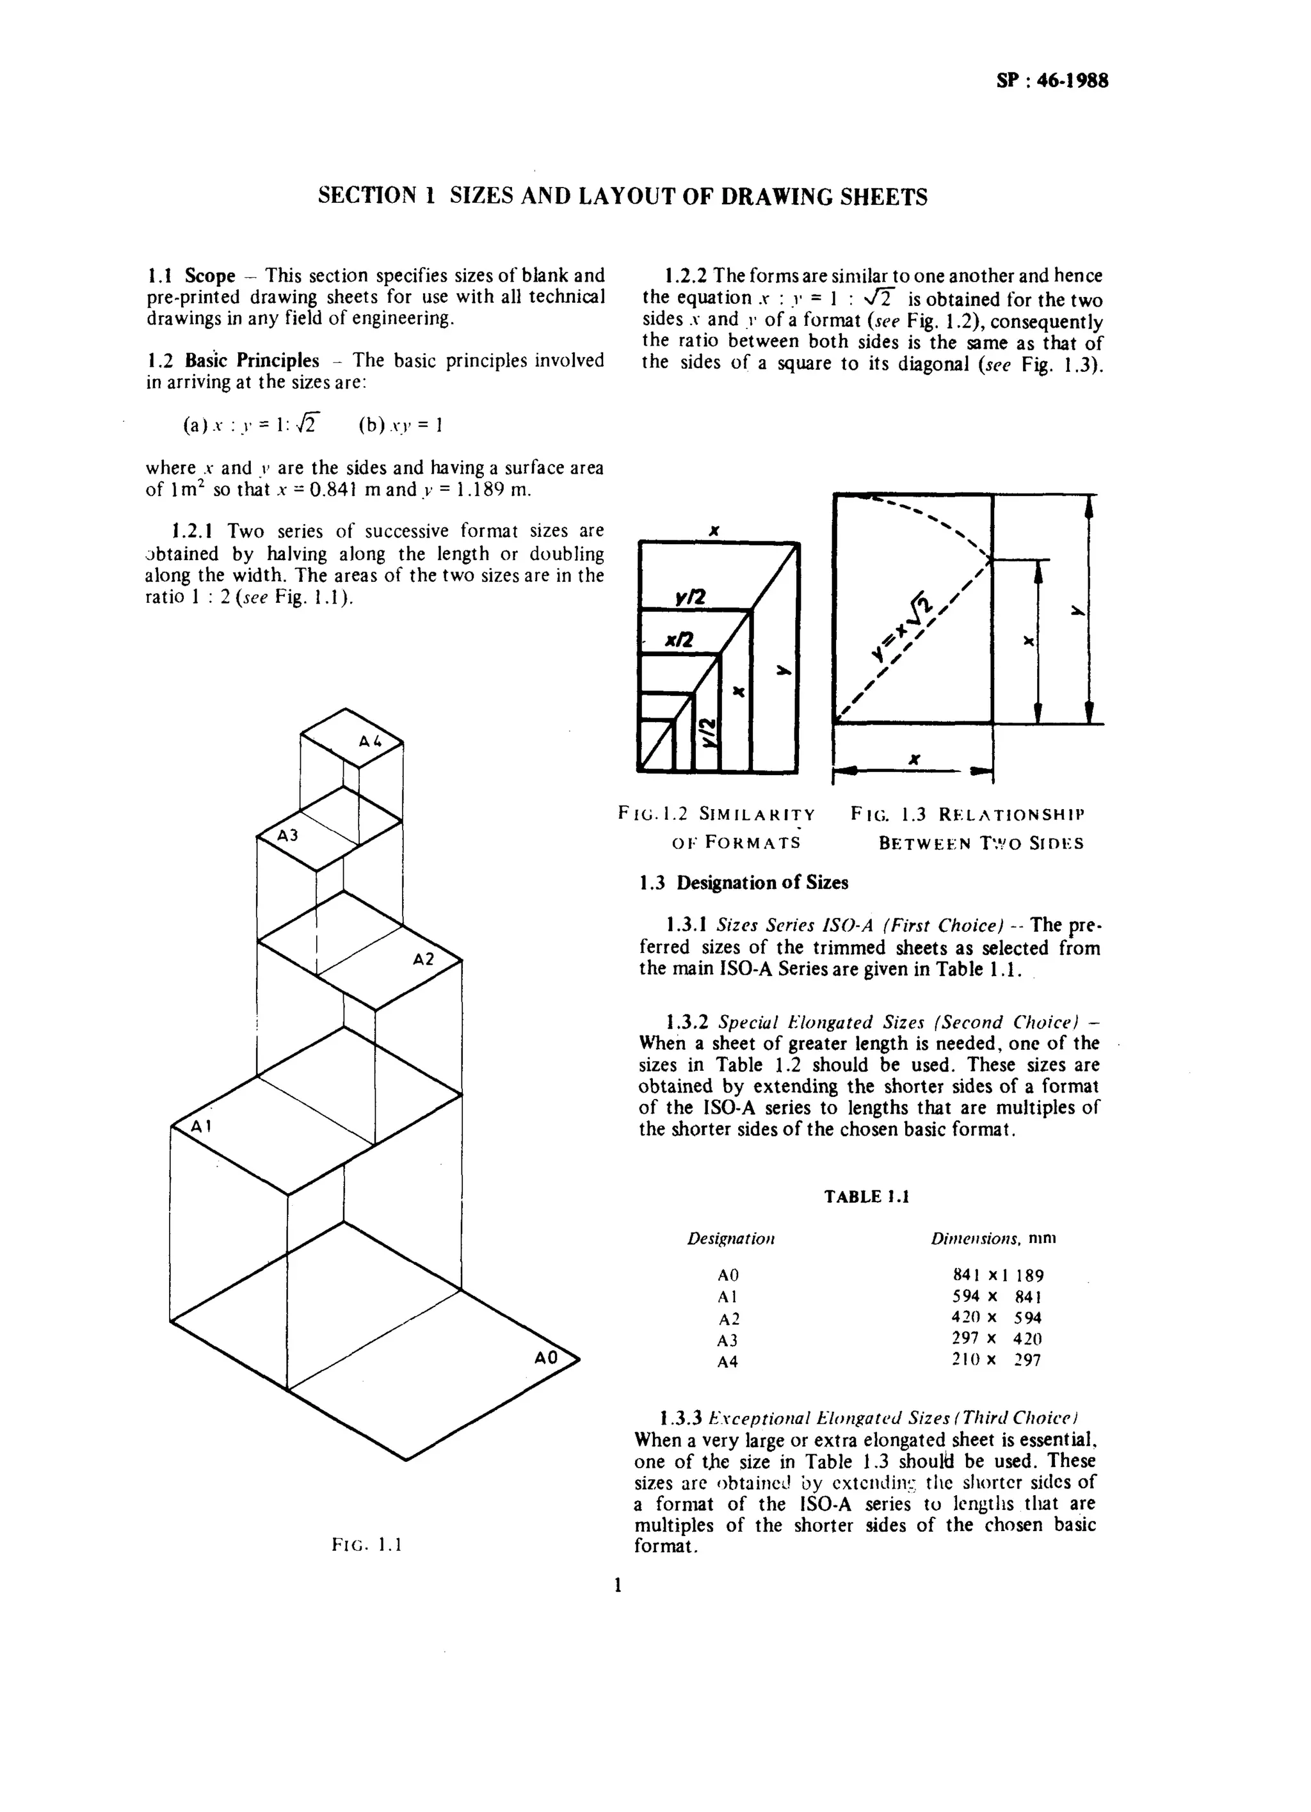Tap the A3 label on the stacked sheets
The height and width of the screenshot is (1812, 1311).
(x=287, y=836)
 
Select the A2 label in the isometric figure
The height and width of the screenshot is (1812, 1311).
(x=423, y=959)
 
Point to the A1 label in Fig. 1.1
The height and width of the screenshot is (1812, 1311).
(x=200, y=1127)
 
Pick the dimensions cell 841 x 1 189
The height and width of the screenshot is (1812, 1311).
(x=998, y=1276)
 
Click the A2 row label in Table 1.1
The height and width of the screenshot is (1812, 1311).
(x=728, y=1319)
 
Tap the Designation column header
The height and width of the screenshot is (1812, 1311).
(x=731, y=1239)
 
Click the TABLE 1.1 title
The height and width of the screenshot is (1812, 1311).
(x=867, y=1196)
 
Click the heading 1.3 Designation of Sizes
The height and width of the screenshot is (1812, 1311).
(x=743, y=883)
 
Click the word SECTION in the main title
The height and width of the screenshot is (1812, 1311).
(x=367, y=196)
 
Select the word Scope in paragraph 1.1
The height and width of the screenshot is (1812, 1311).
(x=210, y=277)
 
